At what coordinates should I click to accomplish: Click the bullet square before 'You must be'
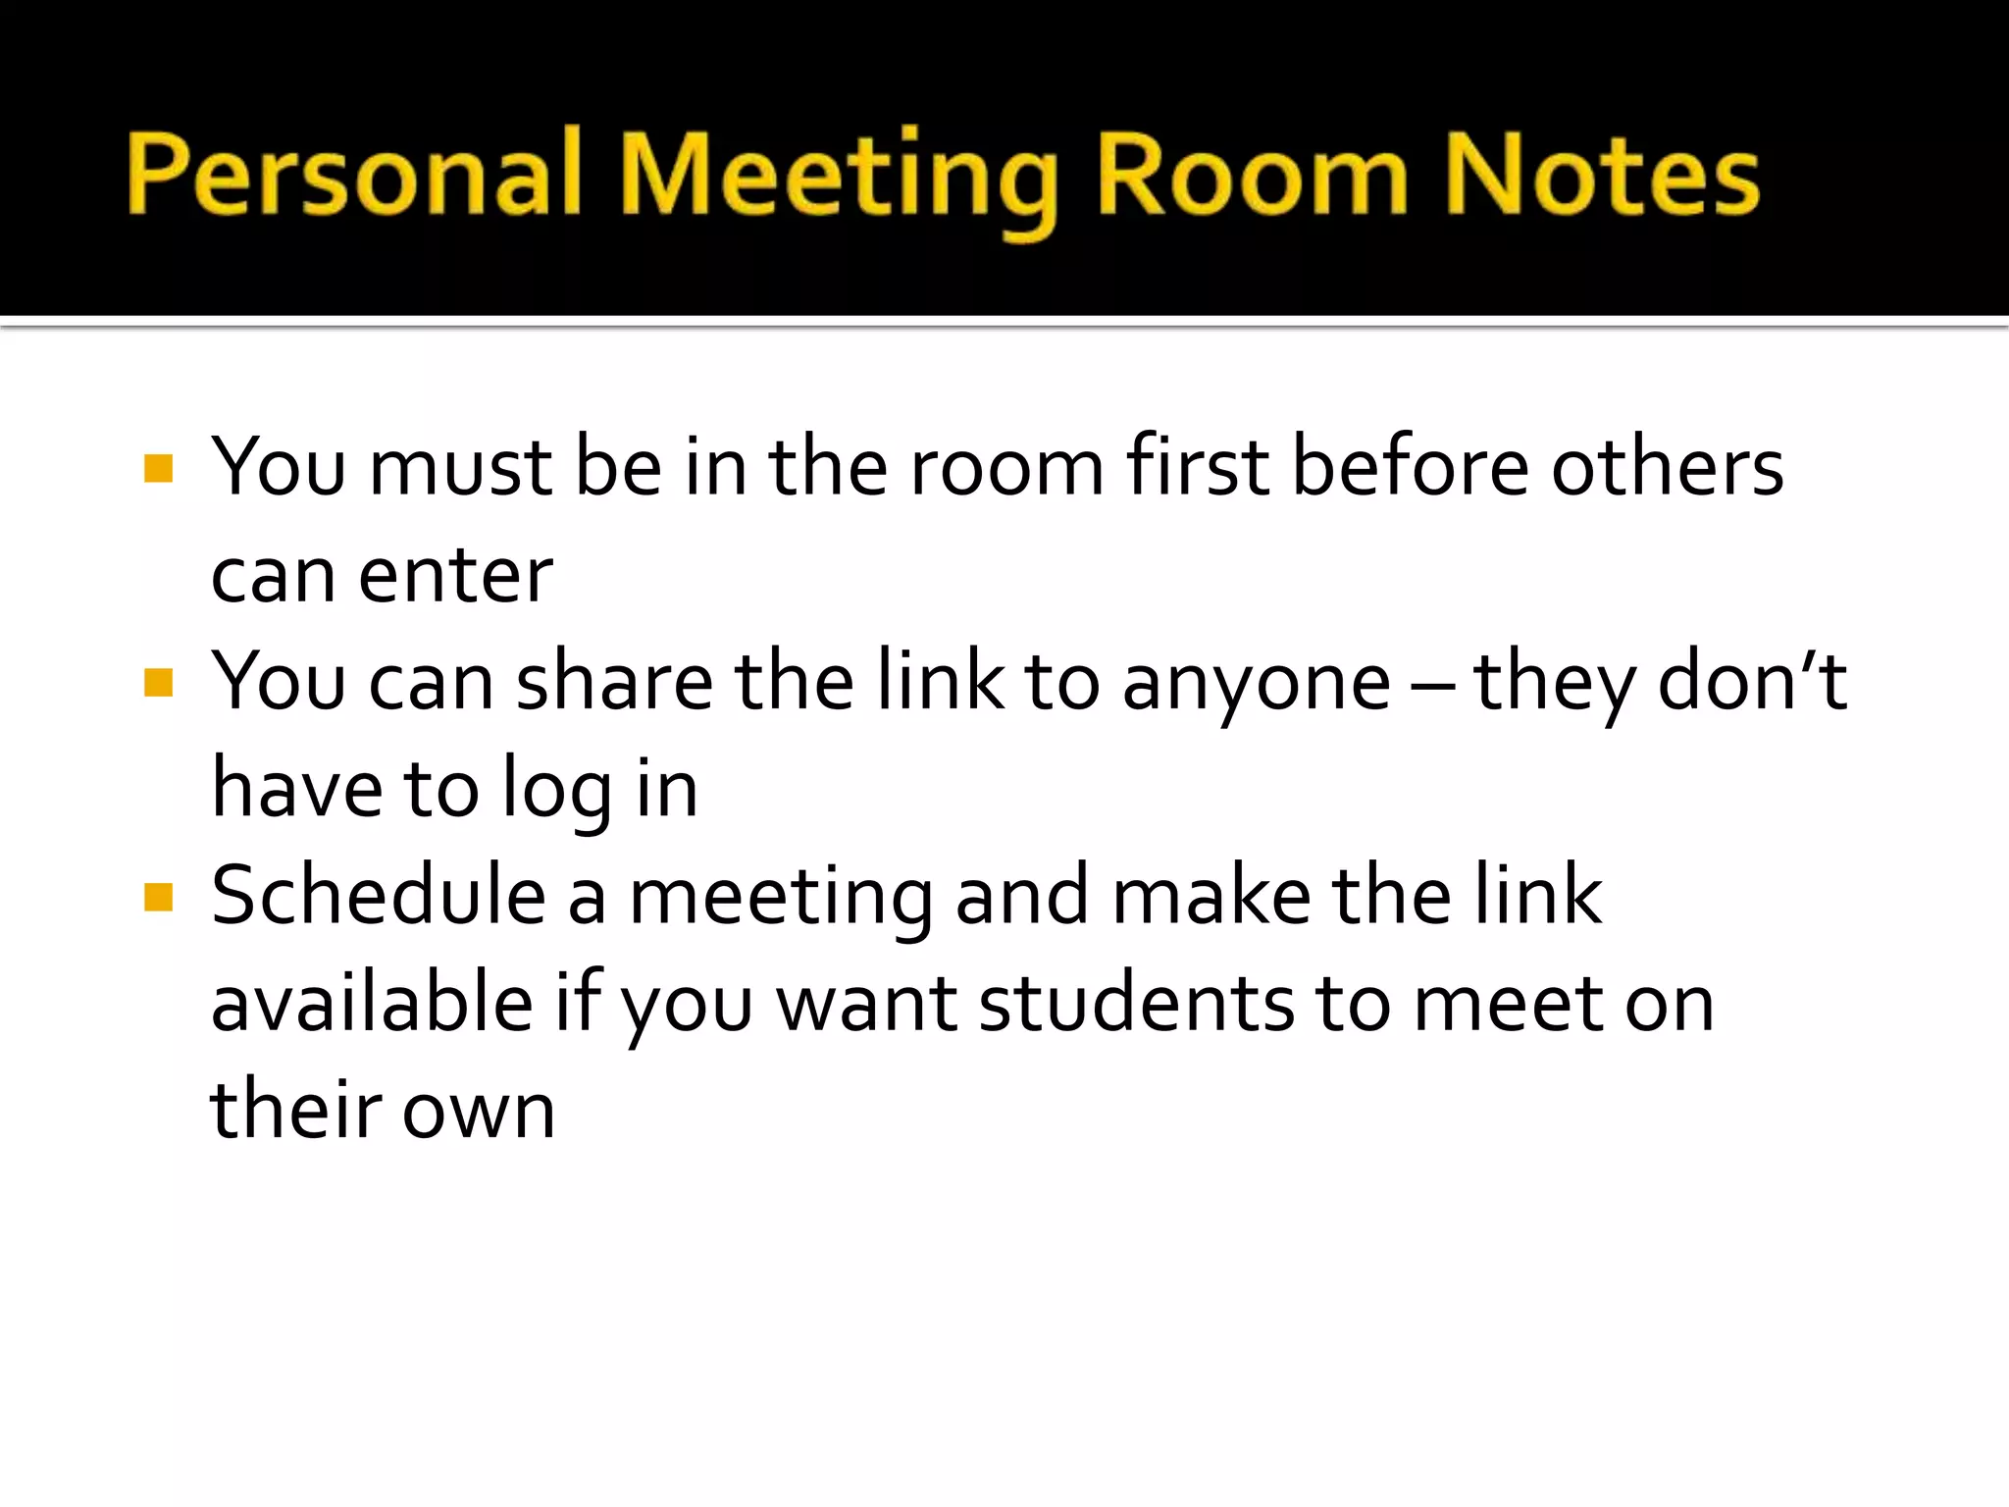click(x=158, y=468)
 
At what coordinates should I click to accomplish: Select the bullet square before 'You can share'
click(x=158, y=682)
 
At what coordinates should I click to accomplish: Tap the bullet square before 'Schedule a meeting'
click(x=158, y=897)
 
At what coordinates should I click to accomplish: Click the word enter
click(x=455, y=576)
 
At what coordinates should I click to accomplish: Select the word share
click(x=615, y=681)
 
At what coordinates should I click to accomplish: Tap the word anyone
click(x=1257, y=685)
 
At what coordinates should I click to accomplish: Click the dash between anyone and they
click(x=1431, y=686)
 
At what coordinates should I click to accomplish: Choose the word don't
click(x=1752, y=681)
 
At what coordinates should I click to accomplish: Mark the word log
click(x=556, y=791)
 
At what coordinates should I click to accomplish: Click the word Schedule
click(x=379, y=895)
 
